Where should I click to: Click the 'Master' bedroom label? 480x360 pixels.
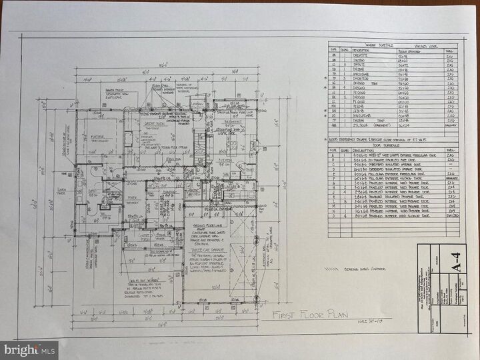tap(101, 137)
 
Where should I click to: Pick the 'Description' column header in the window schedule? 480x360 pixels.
tap(363, 51)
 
